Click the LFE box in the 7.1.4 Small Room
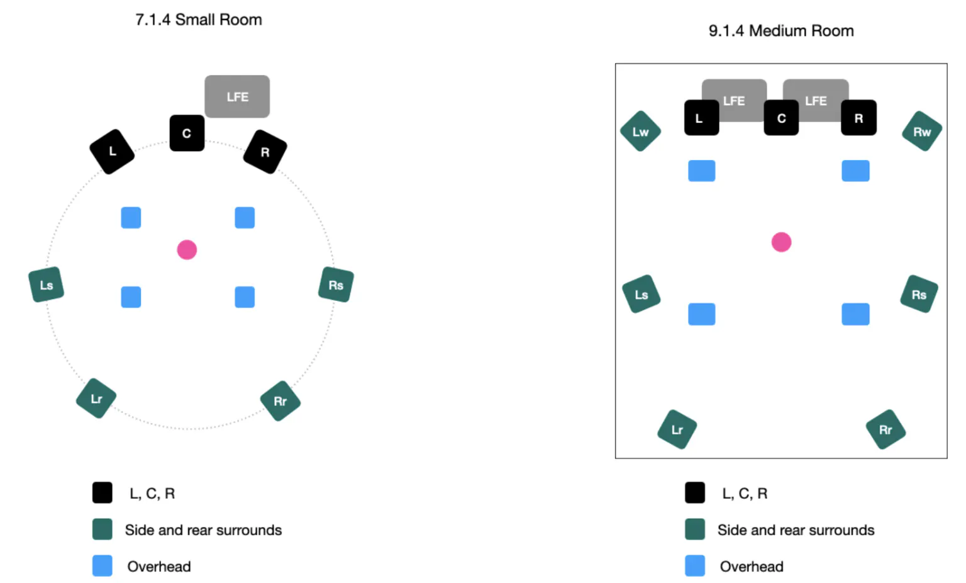tap(237, 96)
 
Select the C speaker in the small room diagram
tap(187, 133)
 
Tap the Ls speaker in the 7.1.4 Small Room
tap(46, 285)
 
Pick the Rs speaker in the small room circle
tap(336, 285)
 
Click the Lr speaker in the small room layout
tap(96, 399)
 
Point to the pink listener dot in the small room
tap(187, 250)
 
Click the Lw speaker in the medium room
tap(640, 132)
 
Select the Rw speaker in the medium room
tap(922, 132)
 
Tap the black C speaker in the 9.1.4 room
tap(781, 118)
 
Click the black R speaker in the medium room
tap(858, 118)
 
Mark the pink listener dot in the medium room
tap(781, 242)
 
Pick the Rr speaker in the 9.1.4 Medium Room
tap(885, 429)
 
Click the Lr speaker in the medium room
tap(677, 429)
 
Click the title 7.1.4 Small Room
tap(198, 20)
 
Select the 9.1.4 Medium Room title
tap(781, 31)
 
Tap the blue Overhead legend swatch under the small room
tap(103, 565)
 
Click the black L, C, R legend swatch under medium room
tap(695, 492)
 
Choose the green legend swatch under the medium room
tap(695, 529)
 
